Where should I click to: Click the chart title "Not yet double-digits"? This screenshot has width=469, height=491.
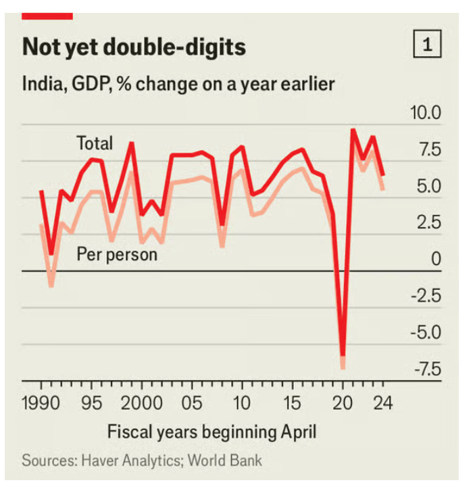coord(133,47)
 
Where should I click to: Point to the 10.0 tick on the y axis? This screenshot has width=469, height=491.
coord(426,112)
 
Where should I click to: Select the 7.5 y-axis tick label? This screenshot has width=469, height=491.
coord(429,149)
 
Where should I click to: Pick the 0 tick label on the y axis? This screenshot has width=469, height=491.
coord(436,259)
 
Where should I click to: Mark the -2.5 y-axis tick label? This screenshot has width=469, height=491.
coord(426,296)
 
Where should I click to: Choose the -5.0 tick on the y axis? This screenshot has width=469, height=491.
coord(426,332)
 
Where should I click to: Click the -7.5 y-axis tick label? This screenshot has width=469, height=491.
coord(426,369)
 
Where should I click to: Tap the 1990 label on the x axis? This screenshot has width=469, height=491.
coord(42,404)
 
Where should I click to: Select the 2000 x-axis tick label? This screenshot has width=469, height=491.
coord(142,404)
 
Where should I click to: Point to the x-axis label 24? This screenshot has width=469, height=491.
coord(382,404)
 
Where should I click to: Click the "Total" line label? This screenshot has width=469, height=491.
coord(95,143)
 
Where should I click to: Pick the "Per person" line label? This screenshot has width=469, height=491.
coord(116,255)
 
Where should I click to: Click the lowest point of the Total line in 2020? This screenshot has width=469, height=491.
coord(343,354)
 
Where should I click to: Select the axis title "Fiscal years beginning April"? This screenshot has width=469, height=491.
coord(212,431)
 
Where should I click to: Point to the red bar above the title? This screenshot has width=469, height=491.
coord(47,15)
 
